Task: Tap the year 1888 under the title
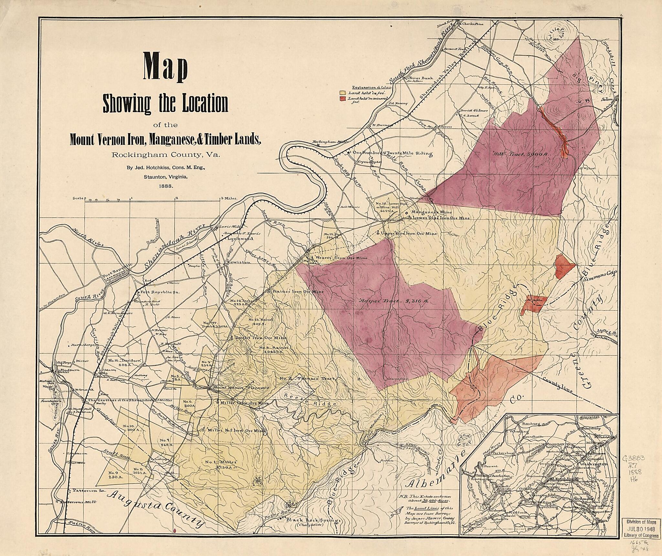tap(165, 186)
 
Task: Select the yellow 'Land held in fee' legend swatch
tap(342, 93)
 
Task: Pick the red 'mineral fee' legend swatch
tap(342, 98)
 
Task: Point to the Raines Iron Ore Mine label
tap(298, 291)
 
